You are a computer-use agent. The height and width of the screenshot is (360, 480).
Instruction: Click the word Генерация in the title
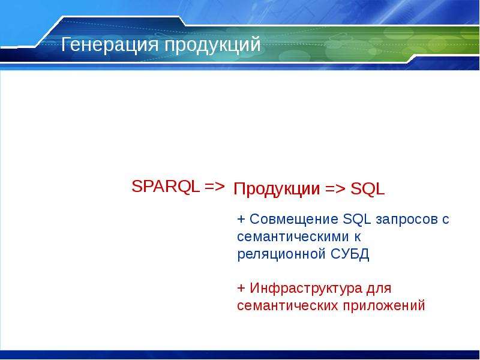click(110, 44)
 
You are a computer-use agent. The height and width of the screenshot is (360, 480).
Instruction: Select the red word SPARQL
click(166, 187)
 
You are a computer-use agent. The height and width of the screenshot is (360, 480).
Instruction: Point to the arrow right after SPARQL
click(215, 187)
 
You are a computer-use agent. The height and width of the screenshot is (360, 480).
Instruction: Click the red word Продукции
click(277, 189)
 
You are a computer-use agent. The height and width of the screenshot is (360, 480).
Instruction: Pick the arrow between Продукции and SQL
click(335, 189)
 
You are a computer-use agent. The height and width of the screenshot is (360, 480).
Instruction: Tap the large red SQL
click(367, 189)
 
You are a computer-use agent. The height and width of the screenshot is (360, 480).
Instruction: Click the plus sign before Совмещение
click(241, 219)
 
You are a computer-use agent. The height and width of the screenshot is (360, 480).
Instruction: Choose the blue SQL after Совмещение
click(357, 219)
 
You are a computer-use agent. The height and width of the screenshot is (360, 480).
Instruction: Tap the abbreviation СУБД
click(350, 254)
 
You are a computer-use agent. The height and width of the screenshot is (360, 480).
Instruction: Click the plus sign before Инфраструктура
click(241, 288)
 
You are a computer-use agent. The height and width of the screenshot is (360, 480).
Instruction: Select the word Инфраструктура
click(306, 289)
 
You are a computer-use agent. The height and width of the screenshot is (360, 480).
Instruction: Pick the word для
click(379, 289)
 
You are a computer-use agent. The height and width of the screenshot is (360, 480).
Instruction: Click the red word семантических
click(287, 306)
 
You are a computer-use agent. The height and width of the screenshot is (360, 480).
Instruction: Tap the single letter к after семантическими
click(358, 237)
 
